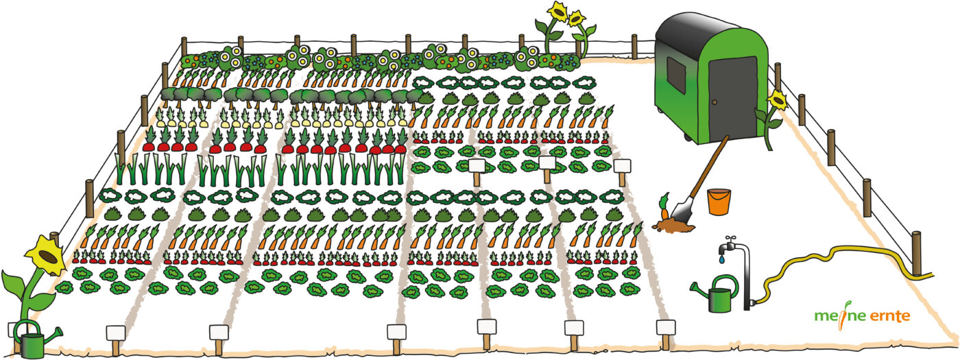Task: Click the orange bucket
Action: coord(719,202)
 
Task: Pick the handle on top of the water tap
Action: coord(732,239)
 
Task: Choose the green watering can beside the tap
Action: coord(717,296)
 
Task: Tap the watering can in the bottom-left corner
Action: coord(30,339)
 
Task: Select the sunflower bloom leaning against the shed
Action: coord(777,101)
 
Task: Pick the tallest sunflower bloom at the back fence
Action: coord(556,12)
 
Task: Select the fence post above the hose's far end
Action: coord(916,252)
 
